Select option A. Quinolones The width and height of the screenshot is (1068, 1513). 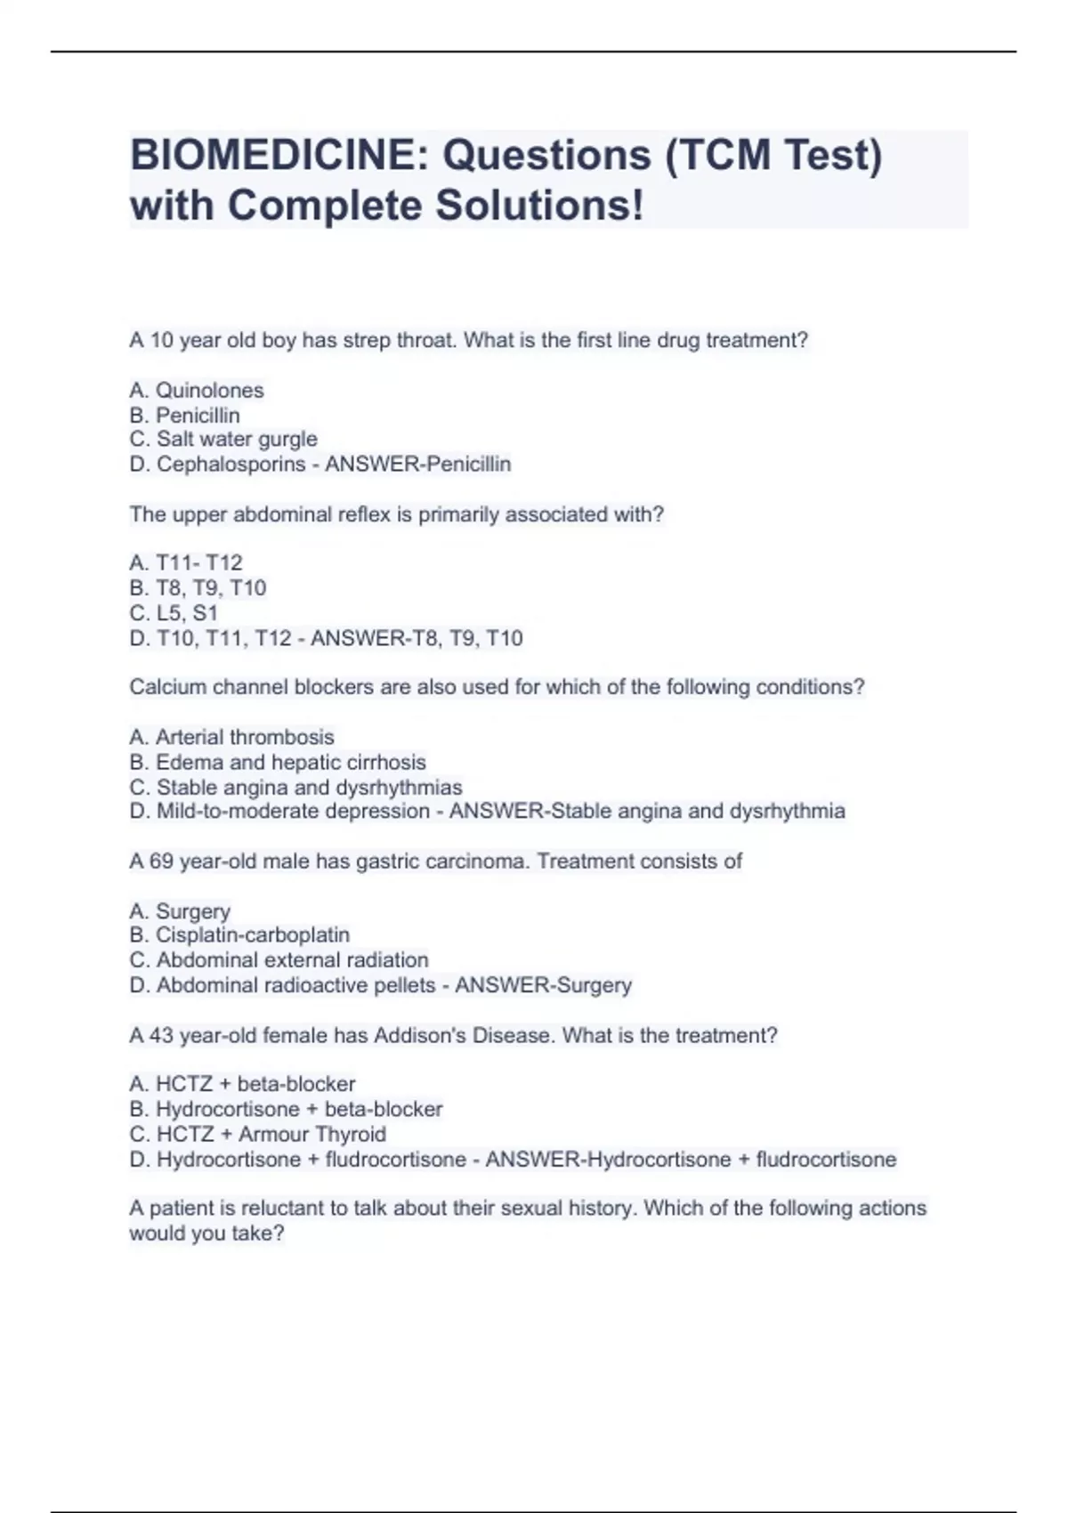(197, 390)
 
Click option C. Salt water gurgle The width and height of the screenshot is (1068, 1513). (223, 439)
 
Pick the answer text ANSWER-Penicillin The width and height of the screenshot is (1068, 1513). (417, 464)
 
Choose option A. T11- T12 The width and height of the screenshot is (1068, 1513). (186, 562)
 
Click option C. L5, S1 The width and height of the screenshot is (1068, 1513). (174, 612)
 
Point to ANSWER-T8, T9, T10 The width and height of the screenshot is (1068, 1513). (417, 638)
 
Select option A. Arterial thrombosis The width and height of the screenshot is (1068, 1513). (231, 737)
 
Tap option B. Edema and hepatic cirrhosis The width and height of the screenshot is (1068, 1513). (278, 762)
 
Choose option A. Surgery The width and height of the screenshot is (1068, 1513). (180, 910)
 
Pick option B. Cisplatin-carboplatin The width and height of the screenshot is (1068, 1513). (239, 934)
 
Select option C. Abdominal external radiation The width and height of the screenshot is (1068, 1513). (279, 959)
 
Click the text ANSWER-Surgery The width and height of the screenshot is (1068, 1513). (543, 985)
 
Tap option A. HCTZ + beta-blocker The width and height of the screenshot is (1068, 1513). (242, 1083)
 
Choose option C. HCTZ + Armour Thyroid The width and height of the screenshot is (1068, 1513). (257, 1134)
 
